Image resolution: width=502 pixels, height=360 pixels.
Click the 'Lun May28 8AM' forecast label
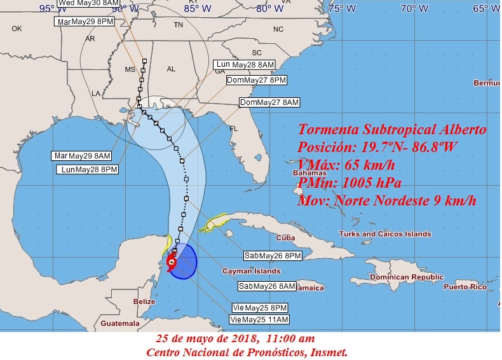[245, 65]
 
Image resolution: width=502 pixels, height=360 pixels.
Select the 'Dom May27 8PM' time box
[257, 80]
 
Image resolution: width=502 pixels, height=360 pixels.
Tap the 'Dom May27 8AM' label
[269, 102]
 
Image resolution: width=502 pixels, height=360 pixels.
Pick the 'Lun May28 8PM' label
[88, 170]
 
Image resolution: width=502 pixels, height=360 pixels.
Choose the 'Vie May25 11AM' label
[260, 319]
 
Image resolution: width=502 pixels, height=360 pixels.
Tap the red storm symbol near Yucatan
[172, 262]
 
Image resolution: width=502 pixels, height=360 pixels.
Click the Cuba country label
[286, 238]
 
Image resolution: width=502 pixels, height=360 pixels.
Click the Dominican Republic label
[407, 277]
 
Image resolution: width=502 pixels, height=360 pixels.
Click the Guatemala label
[119, 324]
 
